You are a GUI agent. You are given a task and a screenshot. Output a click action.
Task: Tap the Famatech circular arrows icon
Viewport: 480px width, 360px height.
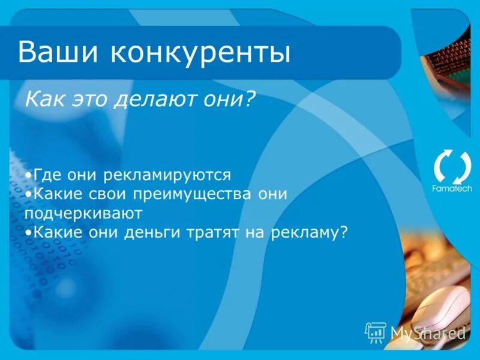click(x=452, y=167)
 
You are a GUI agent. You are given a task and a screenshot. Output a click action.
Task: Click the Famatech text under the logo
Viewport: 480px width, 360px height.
click(x=452, y=188)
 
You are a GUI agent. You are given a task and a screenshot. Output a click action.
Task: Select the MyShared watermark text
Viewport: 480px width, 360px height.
click(x=428, y=332)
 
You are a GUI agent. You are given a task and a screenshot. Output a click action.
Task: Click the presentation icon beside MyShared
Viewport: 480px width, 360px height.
click(x=376, y=331)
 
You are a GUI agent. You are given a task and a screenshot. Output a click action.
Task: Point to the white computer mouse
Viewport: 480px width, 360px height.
click(x=441, y=306)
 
